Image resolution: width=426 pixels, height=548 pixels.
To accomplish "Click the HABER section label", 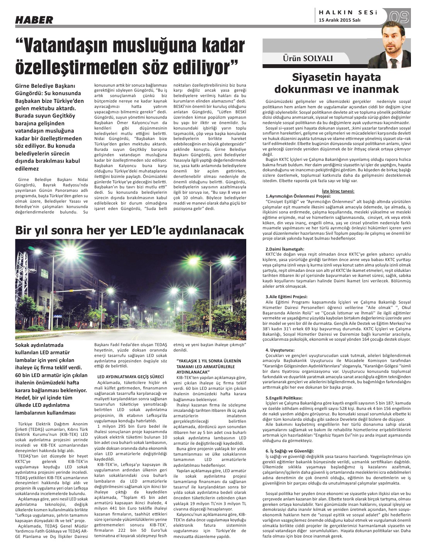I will (x=34, y=20).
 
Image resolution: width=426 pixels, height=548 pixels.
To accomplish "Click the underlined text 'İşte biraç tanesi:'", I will (x=338, y=191).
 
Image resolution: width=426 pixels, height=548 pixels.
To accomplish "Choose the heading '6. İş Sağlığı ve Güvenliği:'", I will (x=290, y=451).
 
